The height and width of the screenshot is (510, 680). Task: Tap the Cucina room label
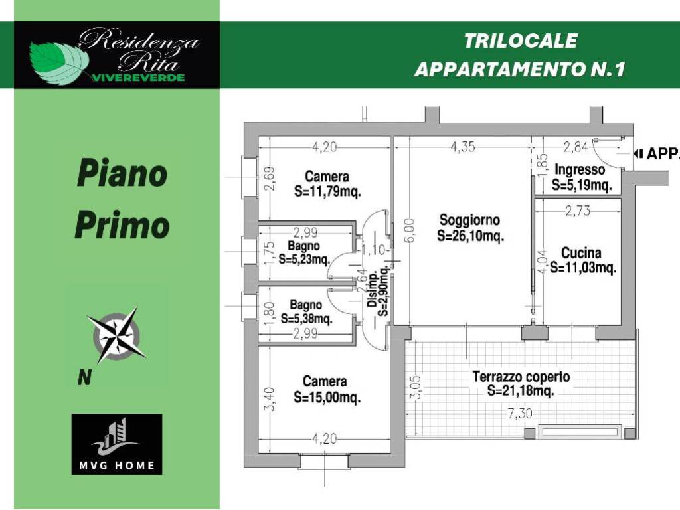point(581,253)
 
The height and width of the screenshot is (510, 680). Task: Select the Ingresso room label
point(580,169)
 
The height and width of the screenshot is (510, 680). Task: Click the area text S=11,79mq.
point(327,191)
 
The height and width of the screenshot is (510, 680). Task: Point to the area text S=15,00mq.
point(327,397)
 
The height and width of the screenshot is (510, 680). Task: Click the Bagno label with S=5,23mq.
point(304,246)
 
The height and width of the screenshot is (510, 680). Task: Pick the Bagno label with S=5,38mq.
point(306,305)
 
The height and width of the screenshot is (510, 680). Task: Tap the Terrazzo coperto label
point(521,377)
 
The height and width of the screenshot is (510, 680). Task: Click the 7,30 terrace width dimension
point(519,414)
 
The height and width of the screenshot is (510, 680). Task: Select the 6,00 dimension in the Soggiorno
point(411,230)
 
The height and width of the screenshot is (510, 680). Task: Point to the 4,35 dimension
point(463,147)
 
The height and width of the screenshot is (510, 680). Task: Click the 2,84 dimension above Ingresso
point(576,147)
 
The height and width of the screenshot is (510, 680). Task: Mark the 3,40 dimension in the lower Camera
point(270,399)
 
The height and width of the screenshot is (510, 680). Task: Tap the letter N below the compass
point(84,377)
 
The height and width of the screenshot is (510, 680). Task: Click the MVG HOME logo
point(117,444)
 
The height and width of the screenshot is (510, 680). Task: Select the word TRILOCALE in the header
point(521,41)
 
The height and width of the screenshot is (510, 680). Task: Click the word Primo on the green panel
point(122,225)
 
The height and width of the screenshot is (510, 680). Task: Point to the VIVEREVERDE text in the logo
point(138,78)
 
